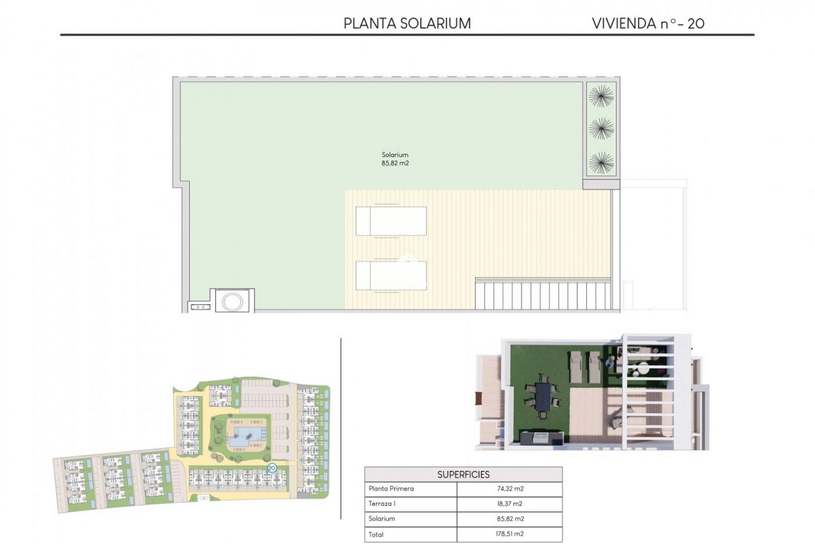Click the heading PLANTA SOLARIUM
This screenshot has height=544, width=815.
[407, 23]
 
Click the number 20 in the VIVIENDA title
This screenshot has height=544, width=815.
[696, 24]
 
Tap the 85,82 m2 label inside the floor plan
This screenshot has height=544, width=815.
[395, 163]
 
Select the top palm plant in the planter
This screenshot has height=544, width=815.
[601, 96]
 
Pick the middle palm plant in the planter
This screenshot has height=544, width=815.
[601, 128]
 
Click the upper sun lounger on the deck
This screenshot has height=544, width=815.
[391, 221]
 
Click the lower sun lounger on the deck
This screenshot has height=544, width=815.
[391, 275]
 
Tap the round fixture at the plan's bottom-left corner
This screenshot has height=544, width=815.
[232, 301]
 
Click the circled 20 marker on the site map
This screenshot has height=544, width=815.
[272, 468]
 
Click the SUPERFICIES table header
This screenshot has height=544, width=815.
[463, 474]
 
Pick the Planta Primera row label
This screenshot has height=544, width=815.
[391, 489]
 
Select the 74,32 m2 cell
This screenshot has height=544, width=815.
[510, 489]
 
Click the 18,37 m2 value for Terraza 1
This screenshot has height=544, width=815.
[510, 504]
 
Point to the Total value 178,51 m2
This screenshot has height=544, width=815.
[510, 534]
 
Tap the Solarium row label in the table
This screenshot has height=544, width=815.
[382, 518]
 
